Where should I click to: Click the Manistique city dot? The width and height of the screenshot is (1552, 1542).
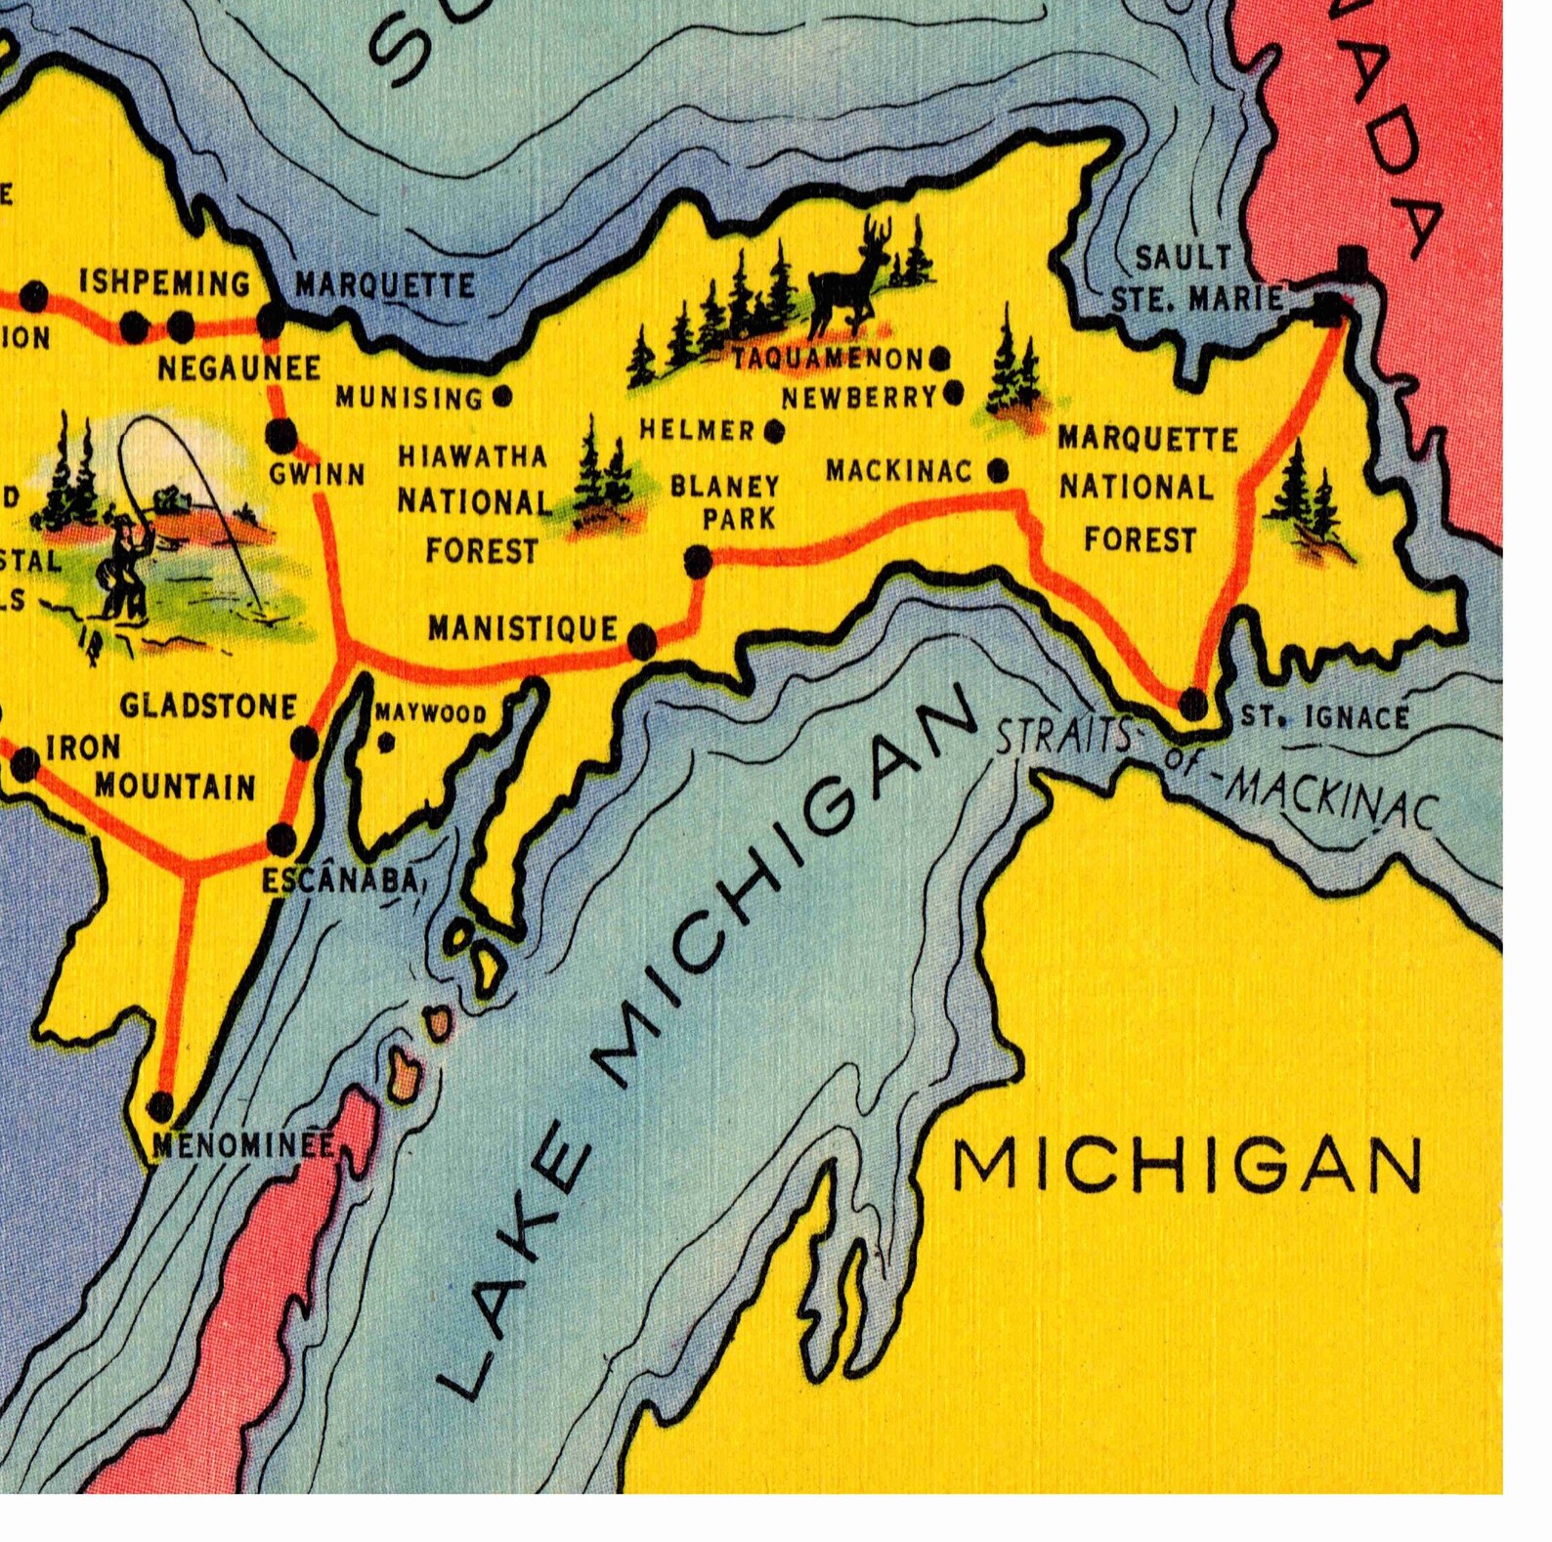click(641, 641)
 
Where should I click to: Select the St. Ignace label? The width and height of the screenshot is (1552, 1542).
click(1324, 718)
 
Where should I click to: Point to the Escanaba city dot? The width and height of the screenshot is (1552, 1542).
click(280, 838)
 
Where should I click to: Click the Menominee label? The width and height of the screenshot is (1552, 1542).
click(242, 1145)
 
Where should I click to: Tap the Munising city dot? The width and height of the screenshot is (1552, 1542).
click(502, 397)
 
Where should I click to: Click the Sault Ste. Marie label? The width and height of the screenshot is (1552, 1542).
click(1195, 279)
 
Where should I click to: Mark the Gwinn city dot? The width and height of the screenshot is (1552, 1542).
click(280, 433)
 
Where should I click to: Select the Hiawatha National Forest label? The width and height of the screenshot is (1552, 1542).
click(474, 504)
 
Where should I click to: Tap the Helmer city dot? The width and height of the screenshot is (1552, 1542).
click(774, 430)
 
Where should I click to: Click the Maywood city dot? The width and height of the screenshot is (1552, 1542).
click(386, 744)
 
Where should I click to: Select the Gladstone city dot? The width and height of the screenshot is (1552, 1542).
click(305, 744)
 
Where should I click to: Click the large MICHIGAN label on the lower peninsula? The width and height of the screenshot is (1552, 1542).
click(1186, 1166)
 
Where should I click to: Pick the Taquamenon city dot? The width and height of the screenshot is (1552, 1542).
click(939, 359)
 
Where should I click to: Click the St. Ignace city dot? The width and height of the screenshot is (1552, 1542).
click(1193, 704)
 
